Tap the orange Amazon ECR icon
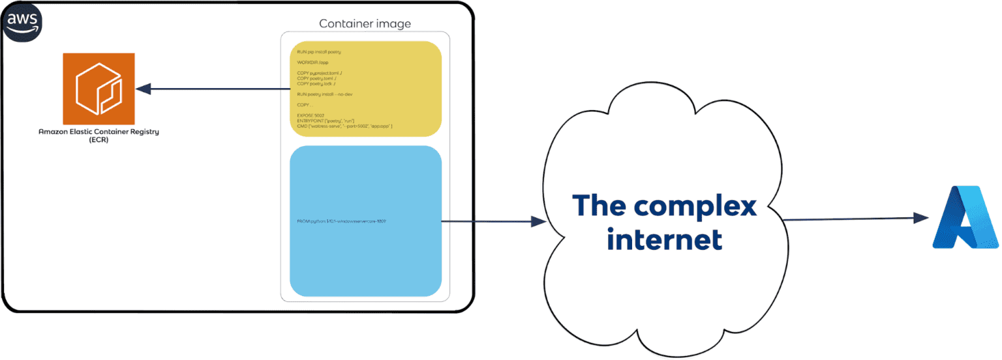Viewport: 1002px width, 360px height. pyautogui.click(x=99, y=89)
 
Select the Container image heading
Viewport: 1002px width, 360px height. pyautogui.click(x=365, y=24)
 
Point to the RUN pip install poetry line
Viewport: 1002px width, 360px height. pyautogui.click(x=319, y=52)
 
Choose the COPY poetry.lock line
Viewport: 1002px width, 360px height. pyautogui.click(x=316, y=83)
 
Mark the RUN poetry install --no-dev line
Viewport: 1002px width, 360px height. pyautogui.click(x=325, y=94)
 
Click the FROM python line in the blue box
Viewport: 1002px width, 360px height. pyautogui.click(x=341, y=222)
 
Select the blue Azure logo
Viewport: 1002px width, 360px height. pyautogui.click(x=965, y=217)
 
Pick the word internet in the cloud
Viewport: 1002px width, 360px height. pyautogui.click(x=664, y=239)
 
